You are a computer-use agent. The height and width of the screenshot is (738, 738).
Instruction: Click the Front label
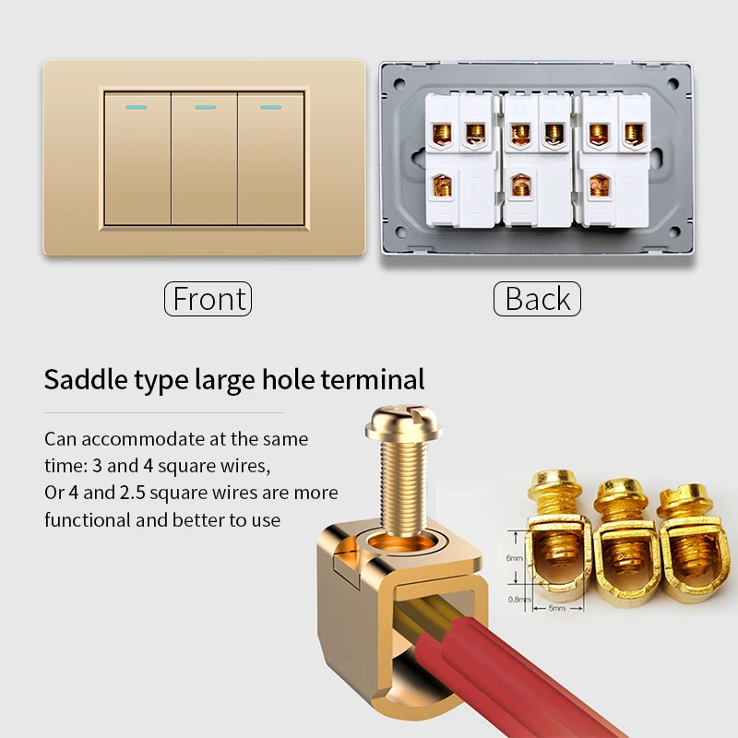tap(208, 299)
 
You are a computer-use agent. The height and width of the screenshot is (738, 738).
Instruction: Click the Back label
tap(537, 299)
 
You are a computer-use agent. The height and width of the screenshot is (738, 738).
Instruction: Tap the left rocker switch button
tap(137, 159)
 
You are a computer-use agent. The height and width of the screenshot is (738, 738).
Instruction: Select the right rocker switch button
tap(271, 159)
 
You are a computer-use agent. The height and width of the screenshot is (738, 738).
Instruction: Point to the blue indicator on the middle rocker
tap(205, 107)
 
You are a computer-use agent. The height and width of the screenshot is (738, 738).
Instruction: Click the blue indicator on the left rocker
tap(136, 107)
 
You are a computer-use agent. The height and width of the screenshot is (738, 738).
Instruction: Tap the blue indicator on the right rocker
tap(270, 107)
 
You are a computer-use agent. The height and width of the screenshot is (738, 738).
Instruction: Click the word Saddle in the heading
tap(86, 379)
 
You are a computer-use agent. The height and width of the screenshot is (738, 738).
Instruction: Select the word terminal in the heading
tap(373, 379)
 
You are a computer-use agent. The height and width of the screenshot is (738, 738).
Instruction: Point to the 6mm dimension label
tap(515, 558)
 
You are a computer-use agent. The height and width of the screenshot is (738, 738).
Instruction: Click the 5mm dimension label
tap(556, 608)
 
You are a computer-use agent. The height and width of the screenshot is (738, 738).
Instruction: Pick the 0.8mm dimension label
tap(519, 599)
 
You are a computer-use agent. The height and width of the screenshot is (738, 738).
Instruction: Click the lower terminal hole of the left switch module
tap(443, 185)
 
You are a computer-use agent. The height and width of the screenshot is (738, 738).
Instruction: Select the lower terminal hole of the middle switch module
tap(521, 185)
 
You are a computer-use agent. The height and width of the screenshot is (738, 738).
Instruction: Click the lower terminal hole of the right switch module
tap(600, 185)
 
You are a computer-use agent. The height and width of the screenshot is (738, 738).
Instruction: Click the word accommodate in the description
tap(143, 439)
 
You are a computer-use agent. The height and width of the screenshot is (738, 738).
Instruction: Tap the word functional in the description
tap(88, 520)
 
